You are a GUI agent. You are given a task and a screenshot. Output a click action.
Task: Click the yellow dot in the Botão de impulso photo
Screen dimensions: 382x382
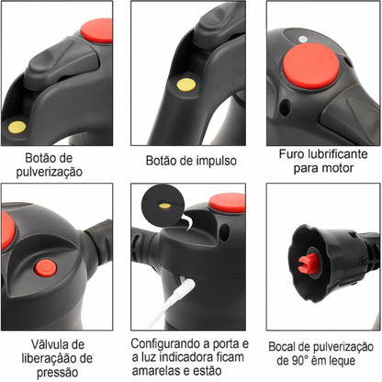pos(186,85)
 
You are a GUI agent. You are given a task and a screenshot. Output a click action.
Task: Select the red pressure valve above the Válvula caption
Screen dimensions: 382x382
pos(43,267)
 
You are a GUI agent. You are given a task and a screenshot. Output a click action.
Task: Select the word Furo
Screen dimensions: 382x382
pos(294,154)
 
